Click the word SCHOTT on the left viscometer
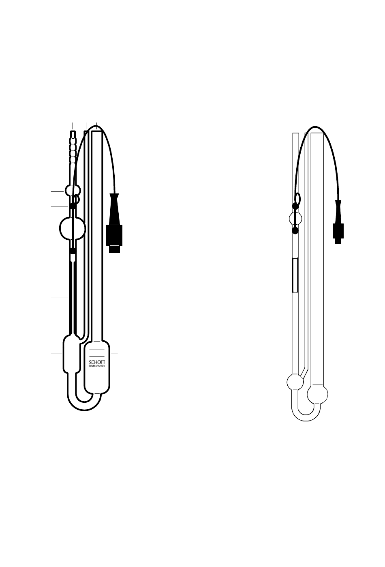click(97, 362)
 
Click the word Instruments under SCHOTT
click(97, 366)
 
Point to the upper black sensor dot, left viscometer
click(73, 206)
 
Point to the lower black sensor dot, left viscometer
click(73, 251)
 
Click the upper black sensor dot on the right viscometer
click(295, 206)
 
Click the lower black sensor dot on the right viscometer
click(295, 231)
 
